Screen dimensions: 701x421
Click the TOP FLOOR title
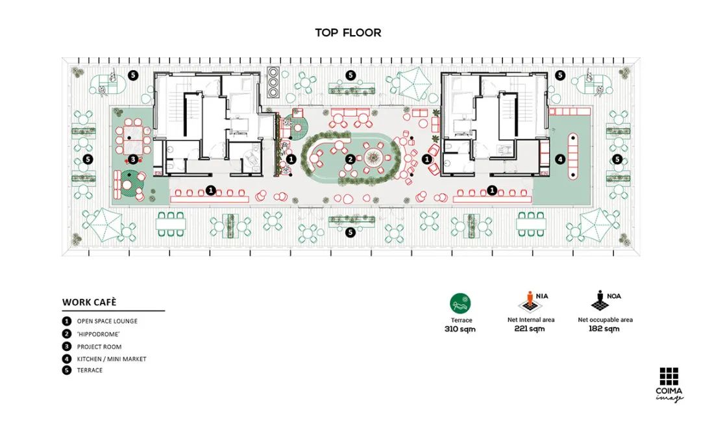pos(349,32)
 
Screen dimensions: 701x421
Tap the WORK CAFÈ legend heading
pos(90,303)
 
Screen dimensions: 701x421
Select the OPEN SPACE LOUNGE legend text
pos(107,321)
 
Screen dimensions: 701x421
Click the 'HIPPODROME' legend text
pos(99,334)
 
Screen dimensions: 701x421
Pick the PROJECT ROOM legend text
pos(99,347)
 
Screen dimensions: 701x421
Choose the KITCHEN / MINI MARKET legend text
pos(112,359)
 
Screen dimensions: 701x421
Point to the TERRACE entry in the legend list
pos(90,370)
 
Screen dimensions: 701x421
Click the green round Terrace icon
pos(460,304)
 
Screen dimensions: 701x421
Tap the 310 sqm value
pos(460,329)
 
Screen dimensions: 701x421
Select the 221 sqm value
pos(530,329)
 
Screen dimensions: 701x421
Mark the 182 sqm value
pos(604,329)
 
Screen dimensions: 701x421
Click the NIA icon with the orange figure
pos(530,302)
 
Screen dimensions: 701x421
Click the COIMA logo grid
pos(669,376)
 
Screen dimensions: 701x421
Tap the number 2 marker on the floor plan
pos(350,159)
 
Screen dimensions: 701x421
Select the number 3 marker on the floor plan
pos(133,159)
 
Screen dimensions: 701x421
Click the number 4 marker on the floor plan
pos(560,159)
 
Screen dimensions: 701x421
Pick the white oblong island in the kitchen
pos(572,157)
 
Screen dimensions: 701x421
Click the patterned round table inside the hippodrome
pos(372,157)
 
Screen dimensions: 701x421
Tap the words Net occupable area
pos(606,320)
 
